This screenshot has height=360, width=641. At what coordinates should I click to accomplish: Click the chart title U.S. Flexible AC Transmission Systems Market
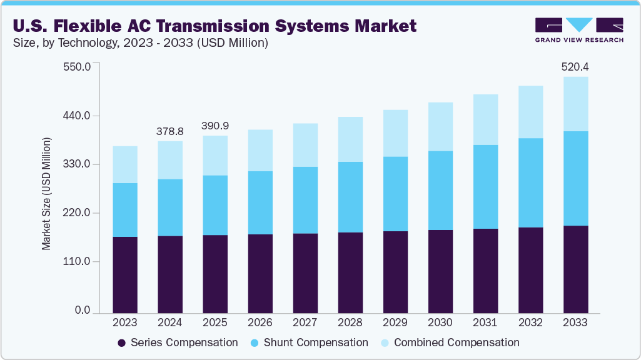click(214, 26)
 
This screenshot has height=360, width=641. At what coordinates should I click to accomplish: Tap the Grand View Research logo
click(578, 30)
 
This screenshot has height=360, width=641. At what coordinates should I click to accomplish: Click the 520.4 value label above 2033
click(575, 66)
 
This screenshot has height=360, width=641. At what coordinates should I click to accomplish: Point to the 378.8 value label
click(170, 131)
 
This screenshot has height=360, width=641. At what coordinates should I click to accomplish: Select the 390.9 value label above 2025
click(215, 126)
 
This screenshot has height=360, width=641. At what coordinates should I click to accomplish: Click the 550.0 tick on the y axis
click(78, 66)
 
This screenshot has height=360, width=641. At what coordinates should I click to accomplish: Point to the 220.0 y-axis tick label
click(78, 213)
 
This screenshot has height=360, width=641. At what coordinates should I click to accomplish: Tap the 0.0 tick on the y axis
click(83, 311)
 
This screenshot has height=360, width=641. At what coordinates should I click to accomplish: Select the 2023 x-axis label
click(125, 323)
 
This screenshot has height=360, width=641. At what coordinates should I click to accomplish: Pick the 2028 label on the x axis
click(350, 323)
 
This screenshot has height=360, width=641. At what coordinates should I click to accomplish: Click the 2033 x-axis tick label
click(575, 323)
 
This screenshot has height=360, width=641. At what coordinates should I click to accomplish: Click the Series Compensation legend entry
click(178, 342)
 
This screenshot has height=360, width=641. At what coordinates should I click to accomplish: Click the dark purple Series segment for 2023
click(125, 274)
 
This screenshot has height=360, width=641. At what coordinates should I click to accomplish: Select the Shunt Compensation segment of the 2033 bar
click(575, 178)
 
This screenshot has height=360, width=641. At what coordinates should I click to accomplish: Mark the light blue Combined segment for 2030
click(440, 127)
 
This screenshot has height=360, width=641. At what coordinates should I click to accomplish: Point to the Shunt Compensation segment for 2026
click(260, 202)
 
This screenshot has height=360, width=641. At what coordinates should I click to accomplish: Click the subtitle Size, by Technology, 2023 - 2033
click(141, 43)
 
